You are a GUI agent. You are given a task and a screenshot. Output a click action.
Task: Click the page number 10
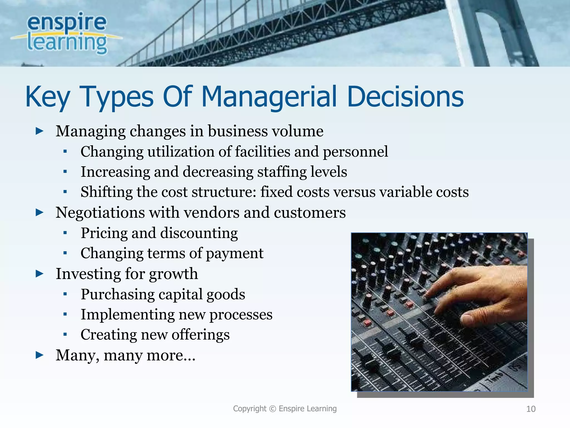pos(531,409)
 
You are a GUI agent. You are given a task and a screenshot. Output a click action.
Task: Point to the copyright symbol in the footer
pos(273,408)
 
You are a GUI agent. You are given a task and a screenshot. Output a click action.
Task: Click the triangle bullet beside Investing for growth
pos(40,274)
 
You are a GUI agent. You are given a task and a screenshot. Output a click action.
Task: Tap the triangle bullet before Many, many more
pos(40,355)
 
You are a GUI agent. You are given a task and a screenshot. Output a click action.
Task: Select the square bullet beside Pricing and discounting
pos(65,233)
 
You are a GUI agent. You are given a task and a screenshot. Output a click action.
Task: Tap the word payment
pos(234,254)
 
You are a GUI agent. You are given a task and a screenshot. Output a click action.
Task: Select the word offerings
pos(200,335)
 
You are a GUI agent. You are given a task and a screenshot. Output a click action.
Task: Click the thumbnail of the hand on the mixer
pos(439,312)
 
